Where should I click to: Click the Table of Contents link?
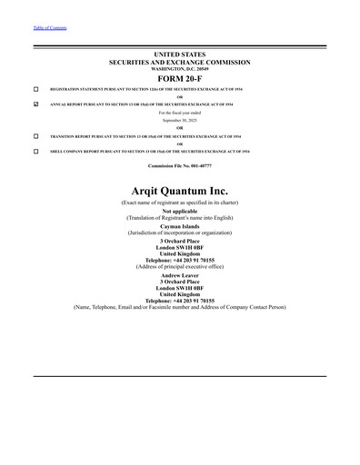(50, 28)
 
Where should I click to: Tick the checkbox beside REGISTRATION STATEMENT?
(35, 89)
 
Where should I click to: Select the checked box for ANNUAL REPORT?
(35, 104)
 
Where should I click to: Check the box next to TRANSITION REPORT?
(35, 135)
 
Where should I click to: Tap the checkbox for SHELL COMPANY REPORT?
(35, 150)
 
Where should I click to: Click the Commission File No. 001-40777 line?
(179, 165)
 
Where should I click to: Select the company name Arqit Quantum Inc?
(179, 190)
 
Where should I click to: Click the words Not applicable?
(179, 211)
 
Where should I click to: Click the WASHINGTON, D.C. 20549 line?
(179, 69)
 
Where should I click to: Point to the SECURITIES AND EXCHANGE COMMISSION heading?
(179, 63)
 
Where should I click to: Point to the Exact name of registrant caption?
(179, 202)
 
